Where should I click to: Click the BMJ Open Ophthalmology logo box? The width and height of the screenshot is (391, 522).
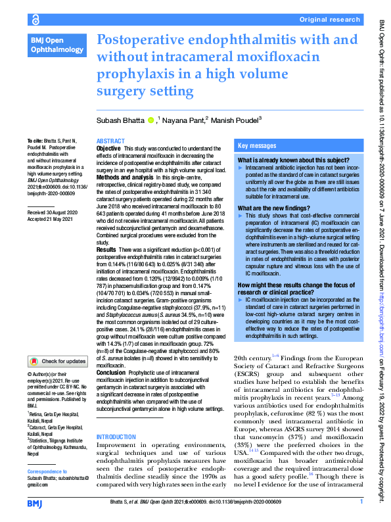click(x=57, y=45)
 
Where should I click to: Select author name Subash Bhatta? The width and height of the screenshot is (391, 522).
click(x=122, y=120)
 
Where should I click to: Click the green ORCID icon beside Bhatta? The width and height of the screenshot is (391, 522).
click(x=151, y=120)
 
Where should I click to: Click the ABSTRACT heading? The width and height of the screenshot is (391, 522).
click(x=110, y=141)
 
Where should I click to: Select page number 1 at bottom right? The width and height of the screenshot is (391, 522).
click(x=361, y=502)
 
